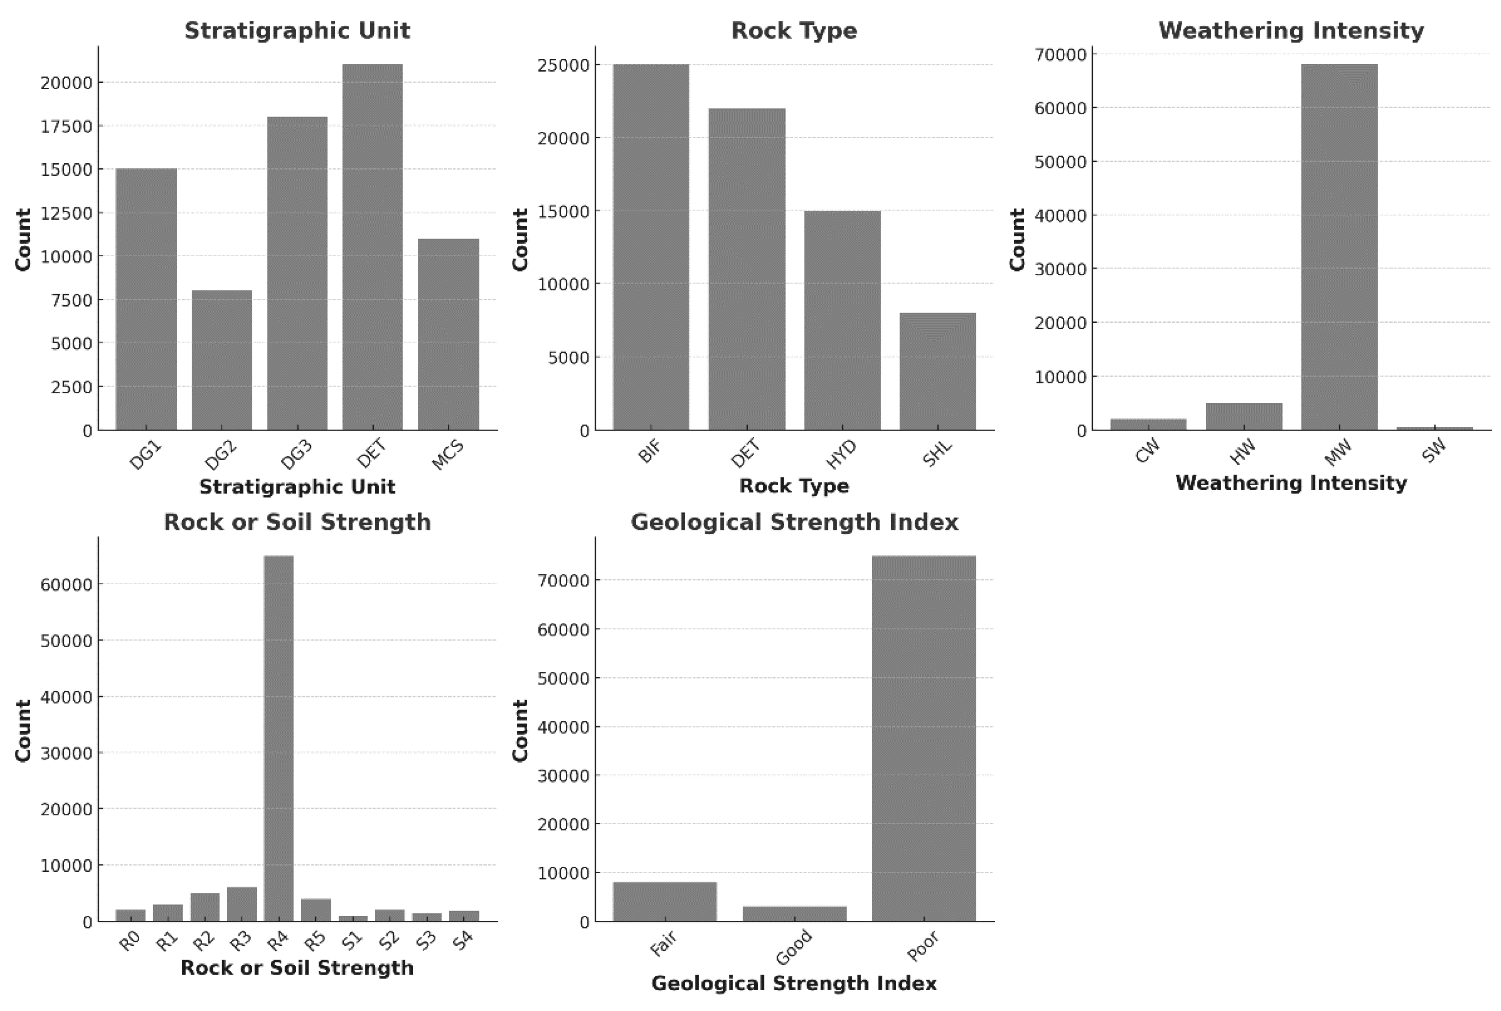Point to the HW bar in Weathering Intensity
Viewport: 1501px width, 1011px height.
click(x=1244, y=417)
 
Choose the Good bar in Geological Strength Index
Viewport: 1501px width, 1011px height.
click(x=794, y=913)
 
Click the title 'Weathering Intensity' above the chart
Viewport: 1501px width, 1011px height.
click(x=1291, y=31)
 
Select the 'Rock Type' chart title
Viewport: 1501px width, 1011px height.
click(x=794, y=31)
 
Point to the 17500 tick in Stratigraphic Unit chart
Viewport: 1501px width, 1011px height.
click(x=67, y=126)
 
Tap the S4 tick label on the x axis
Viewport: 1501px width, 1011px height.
click(x=464, y=941)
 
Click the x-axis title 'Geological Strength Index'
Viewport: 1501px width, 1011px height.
click(x=794, y=983)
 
